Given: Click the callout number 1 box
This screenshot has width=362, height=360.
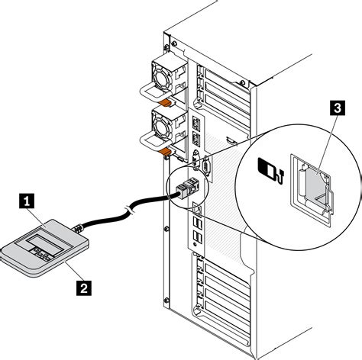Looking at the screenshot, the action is tap(27, 201).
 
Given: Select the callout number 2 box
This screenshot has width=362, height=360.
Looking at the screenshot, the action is tap(84, 288).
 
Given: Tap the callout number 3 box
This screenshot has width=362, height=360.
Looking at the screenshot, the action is tap(338, 108).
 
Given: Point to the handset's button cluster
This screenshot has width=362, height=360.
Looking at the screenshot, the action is tap(40, 254).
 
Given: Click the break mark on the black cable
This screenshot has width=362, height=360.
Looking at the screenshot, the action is tap(130, 210).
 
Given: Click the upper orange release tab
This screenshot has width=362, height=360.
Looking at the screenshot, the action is tap(165, 103).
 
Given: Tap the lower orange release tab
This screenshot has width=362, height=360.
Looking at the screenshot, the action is tap(164, 152).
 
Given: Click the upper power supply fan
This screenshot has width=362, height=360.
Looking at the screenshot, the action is tap(161, 77).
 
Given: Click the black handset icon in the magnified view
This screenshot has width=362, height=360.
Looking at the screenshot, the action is tap(270, 171).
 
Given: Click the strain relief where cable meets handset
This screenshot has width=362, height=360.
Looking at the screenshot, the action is tap(78, 228).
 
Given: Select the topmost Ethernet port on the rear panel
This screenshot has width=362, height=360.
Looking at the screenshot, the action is tap(196, 124).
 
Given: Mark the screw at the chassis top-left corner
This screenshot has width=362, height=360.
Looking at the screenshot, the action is tap(174, 43).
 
